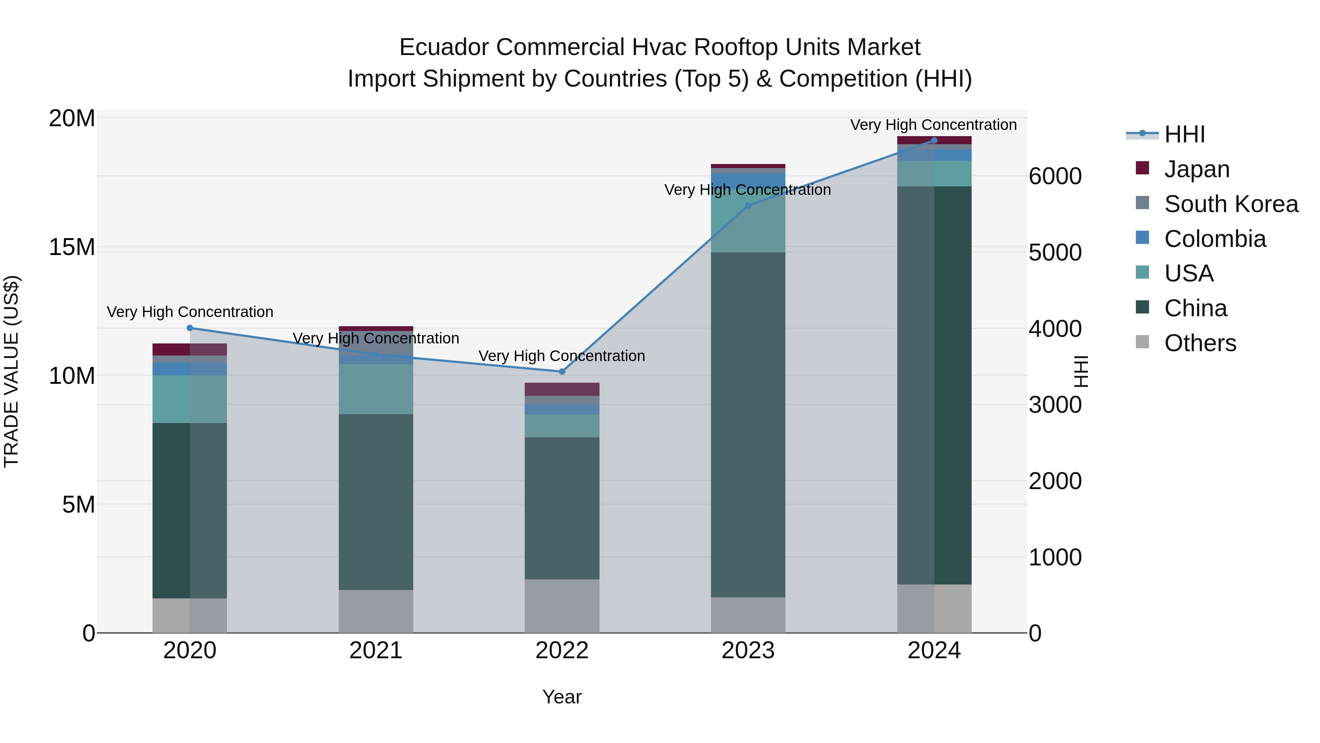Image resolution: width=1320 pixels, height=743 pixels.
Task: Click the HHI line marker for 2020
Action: coord(190,328)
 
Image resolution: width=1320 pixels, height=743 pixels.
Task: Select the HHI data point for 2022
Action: coord(562,371)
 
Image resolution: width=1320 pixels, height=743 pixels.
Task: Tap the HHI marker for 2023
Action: coord(748,205)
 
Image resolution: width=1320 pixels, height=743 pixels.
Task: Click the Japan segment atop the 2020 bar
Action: coord(190,349)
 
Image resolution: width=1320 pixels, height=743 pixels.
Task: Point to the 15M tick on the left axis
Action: coord(72,247)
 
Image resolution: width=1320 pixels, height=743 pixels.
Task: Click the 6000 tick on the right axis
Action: coord(1055,176)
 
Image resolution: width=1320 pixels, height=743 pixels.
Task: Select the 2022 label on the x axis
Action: coord(562,651)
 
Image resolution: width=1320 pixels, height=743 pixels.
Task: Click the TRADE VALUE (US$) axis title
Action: coord(11,371)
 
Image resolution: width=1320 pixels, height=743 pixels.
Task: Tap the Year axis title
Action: coord(562,697)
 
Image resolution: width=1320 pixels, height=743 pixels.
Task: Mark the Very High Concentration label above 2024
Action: coord(933,125)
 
